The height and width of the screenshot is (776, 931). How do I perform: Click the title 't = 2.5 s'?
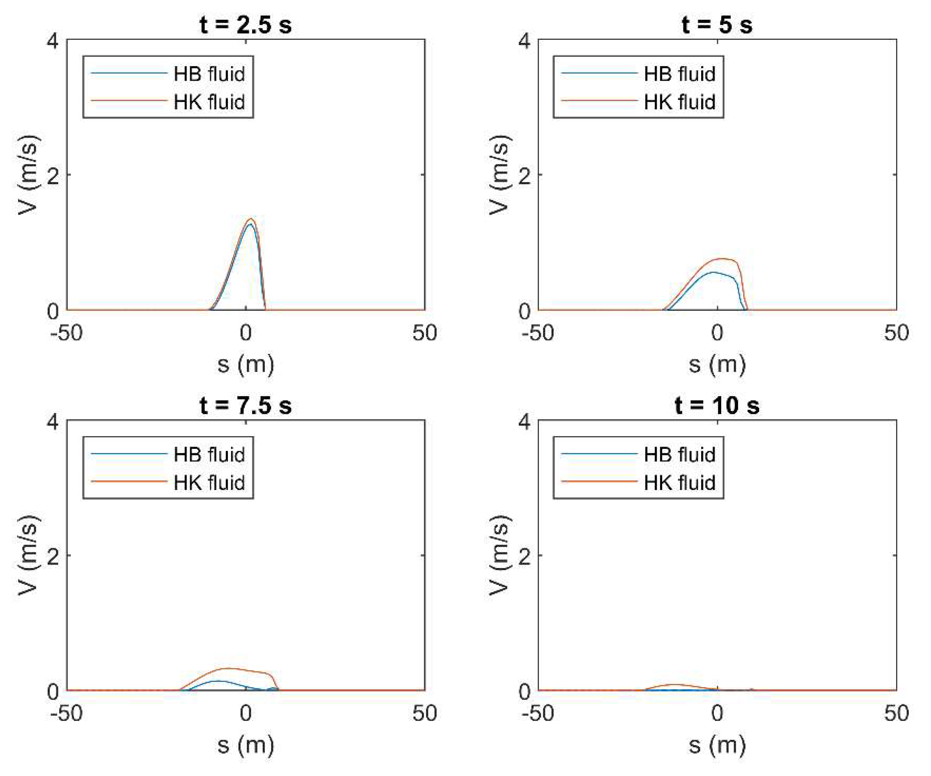click(x=245, y=24)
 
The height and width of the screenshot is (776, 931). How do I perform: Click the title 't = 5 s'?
click(x=717, y=24)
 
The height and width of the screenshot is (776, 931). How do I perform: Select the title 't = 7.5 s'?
click(x=245, y=405)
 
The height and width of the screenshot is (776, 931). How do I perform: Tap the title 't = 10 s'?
click(x=717, y=405)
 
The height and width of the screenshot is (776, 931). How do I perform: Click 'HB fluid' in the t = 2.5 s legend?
click(x=209, y=74)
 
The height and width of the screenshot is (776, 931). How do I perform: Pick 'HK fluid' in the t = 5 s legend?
click(x=679, y=102)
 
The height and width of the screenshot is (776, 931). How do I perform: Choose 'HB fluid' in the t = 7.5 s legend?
click(x=209, y=455)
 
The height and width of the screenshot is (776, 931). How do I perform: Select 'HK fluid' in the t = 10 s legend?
click(x=679, y=483)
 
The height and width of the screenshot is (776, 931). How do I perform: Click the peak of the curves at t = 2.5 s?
click(x=250, y=220)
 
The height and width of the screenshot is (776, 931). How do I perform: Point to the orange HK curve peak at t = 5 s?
click(x=722, y=259)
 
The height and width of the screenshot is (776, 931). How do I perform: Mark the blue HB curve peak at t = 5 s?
click(x=714, y=272)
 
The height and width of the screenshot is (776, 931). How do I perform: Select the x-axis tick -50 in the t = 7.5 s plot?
click(x=67, y=713)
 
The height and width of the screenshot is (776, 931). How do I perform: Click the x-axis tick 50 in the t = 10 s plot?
click(x=896, y=713)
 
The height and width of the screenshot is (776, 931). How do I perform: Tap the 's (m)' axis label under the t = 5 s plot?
click(x=717, y=364)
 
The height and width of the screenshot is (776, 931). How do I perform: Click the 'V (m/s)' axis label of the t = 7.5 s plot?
click(x=28, y=555)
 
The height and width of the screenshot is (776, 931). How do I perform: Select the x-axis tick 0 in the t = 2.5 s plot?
click(x=245, y=333)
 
